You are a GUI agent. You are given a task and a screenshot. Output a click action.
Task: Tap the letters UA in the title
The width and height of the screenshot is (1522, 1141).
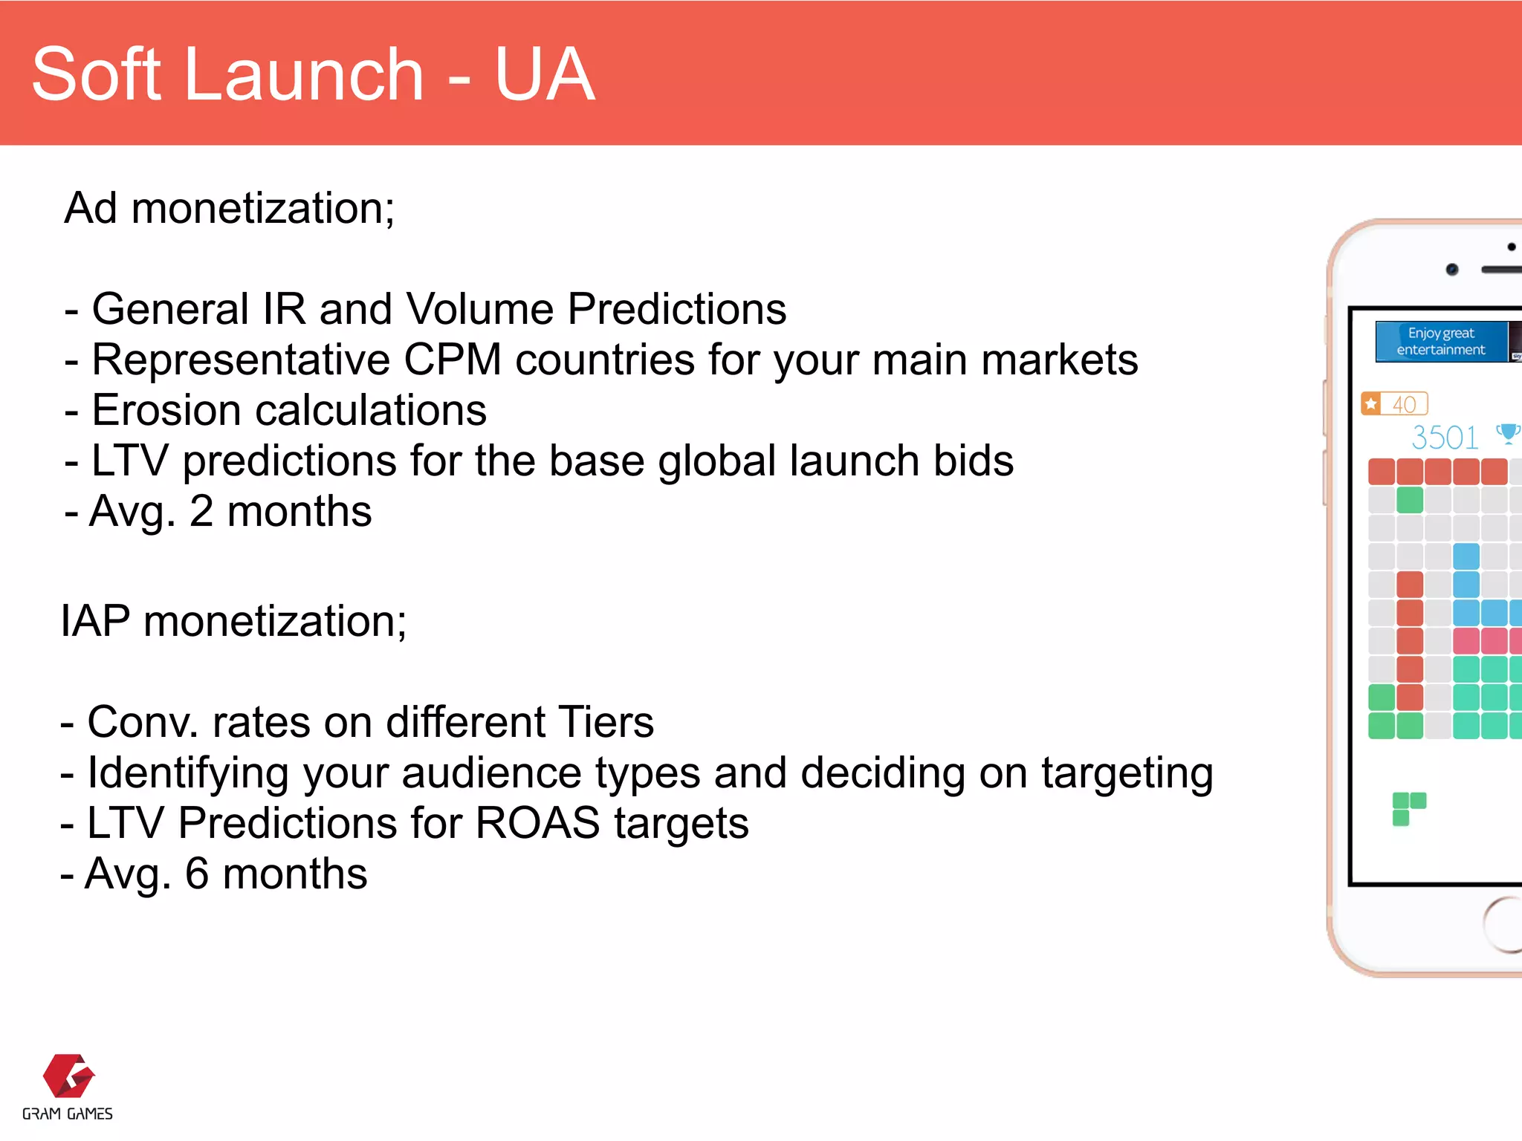544,74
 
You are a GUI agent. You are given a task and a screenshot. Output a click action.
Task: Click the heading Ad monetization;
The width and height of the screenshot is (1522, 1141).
229,208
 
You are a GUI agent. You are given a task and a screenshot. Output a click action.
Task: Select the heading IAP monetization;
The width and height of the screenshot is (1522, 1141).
233,621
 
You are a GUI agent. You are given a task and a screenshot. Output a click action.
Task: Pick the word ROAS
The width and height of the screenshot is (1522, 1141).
537,823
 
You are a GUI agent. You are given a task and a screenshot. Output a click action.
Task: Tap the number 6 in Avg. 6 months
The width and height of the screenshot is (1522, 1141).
197,874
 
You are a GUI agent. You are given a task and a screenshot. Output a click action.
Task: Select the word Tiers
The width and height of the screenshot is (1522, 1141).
605,722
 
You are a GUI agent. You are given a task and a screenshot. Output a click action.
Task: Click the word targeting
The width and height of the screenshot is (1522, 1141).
1127,774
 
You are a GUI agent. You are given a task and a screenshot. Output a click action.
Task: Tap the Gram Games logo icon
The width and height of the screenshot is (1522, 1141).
68,1076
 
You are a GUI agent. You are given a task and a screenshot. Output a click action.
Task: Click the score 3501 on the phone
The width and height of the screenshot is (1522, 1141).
1445,438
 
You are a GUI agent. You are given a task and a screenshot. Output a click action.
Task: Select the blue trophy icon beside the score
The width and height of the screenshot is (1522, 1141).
1508,433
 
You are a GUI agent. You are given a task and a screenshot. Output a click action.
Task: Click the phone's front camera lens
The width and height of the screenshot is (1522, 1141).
1451,270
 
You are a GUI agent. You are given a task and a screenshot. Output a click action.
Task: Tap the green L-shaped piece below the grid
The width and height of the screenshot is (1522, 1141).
1408,808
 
